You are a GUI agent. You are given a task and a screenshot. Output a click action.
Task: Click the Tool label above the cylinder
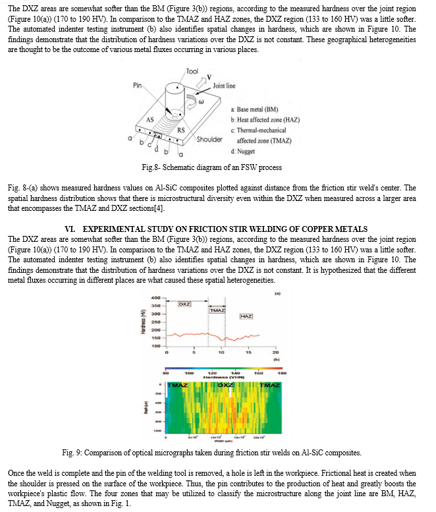[x=192, y=71]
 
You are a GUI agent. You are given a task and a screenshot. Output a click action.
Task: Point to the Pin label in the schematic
[x=137, y=84]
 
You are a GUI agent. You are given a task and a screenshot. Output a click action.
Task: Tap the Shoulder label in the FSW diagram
[x=209, y=139]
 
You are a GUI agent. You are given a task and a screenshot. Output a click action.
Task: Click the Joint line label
[x=224, y=86]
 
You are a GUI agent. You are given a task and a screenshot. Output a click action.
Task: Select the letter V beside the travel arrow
[x=209, y=77]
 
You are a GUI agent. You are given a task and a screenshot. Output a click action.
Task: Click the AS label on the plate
[x=150, y=119]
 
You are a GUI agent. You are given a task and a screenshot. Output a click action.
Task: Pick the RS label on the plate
[x=180, y=130]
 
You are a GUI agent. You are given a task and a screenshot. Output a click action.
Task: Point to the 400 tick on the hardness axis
[x=155, y=299]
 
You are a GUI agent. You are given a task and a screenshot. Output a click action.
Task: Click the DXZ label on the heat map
[x=225, y=385]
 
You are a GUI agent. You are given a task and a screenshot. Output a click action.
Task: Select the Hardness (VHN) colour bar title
[x=220, y=377]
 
